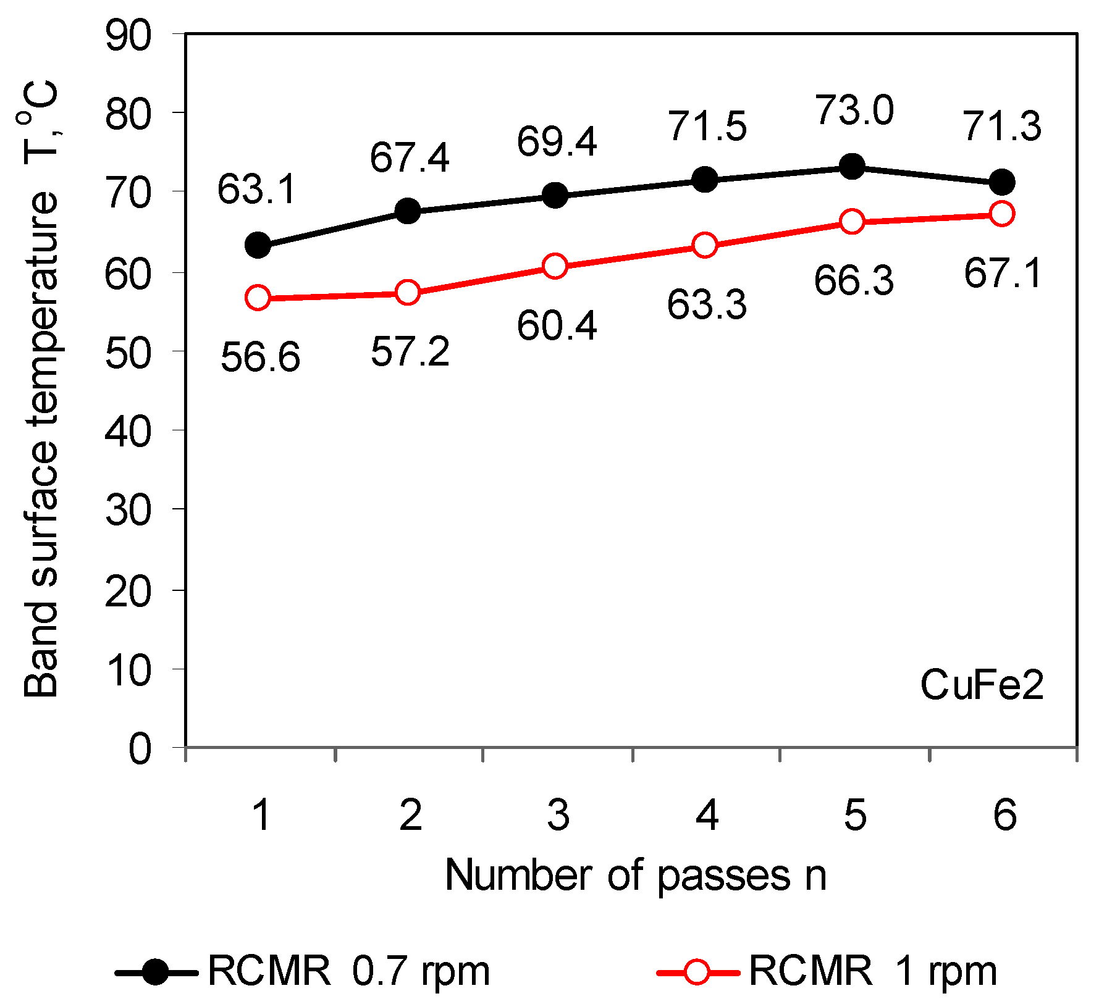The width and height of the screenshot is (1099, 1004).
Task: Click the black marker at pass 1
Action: point(258,245)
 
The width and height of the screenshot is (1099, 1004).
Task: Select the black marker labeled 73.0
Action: point(853,166)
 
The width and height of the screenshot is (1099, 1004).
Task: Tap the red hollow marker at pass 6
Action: point(1001,214)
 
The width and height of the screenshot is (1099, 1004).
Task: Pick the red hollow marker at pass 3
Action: point(555,266)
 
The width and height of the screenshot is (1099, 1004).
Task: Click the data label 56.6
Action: point(260,358)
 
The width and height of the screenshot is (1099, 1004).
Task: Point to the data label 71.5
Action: point(707,127)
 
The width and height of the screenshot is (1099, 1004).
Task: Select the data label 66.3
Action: point(854,280)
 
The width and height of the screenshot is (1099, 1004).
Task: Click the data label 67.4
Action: point(410,157)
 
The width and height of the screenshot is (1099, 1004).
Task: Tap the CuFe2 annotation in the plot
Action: point(982,685)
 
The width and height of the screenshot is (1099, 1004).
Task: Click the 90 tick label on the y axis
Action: point(128,36)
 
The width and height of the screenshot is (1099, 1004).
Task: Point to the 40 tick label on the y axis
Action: point(128,431)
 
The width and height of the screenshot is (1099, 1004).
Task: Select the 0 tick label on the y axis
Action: point(140,748)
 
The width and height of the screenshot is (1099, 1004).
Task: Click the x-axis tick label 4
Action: point(707,815)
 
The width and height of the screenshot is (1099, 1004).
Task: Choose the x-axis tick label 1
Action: point(262,815)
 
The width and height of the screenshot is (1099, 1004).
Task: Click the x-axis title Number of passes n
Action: point(635,876)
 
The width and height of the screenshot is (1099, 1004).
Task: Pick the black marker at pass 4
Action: point(705,180)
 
